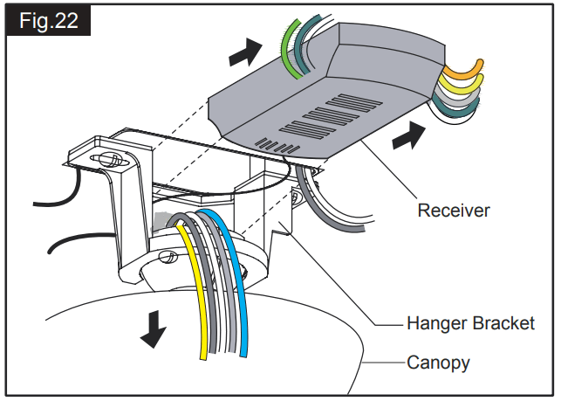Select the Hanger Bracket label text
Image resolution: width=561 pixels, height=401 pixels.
click(470, 324)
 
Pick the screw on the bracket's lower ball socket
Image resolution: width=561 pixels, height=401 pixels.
click(169, 257)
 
